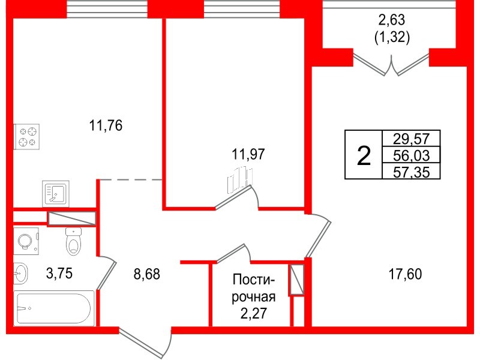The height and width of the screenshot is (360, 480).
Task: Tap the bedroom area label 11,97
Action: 248,154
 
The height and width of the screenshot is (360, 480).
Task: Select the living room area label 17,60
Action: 405,275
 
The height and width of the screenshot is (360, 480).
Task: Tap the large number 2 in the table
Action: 363,155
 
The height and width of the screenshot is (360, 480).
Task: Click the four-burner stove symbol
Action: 27,136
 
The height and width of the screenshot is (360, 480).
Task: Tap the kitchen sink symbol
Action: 56,193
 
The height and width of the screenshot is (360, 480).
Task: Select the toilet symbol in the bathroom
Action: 73,241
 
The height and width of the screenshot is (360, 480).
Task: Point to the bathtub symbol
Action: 54,308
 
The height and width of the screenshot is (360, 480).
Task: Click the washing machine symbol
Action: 26,241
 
